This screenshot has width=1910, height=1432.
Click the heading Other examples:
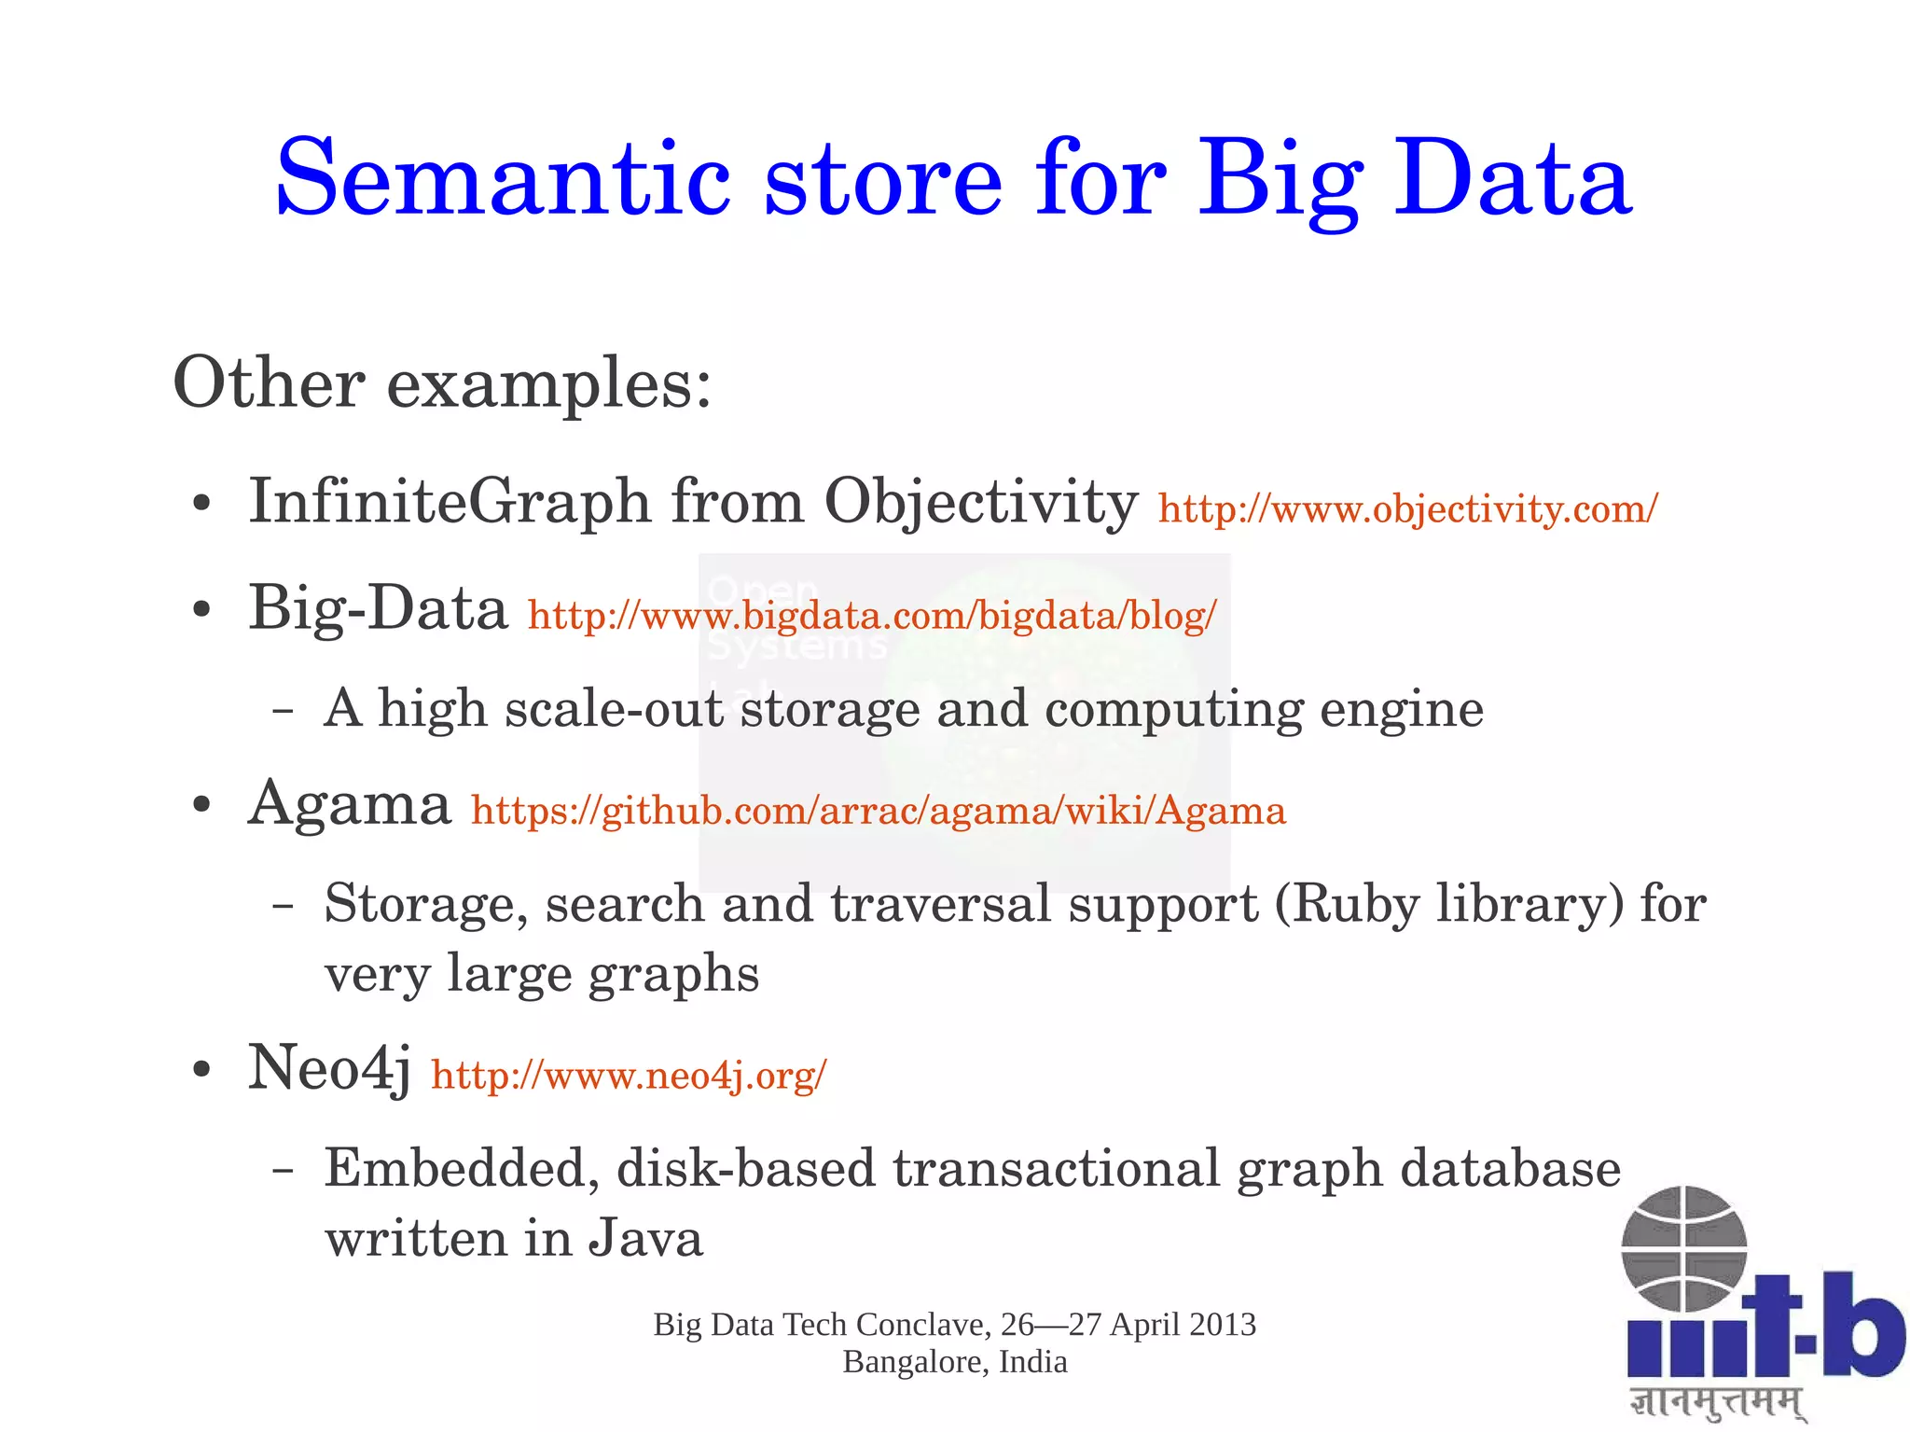[442, 383]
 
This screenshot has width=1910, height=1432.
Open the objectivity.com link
[1407, 509]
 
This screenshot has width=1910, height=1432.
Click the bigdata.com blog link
[872, 616]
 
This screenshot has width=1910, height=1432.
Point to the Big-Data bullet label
[378, 608]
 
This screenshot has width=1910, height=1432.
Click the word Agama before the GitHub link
[350, 804]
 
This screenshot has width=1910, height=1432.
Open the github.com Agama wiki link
[879, 811]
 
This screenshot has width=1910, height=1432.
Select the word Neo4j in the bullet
[328, 1068]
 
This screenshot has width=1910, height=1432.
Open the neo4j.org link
[629, 1076]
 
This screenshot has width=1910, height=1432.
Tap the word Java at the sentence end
[645, 1239]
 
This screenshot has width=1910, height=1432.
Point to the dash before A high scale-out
[284, 711]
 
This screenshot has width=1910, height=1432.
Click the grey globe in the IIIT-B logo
[1683, 1248]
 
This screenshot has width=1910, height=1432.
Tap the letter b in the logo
[1862, 1325]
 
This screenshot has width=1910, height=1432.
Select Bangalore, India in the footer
[954, 1363]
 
